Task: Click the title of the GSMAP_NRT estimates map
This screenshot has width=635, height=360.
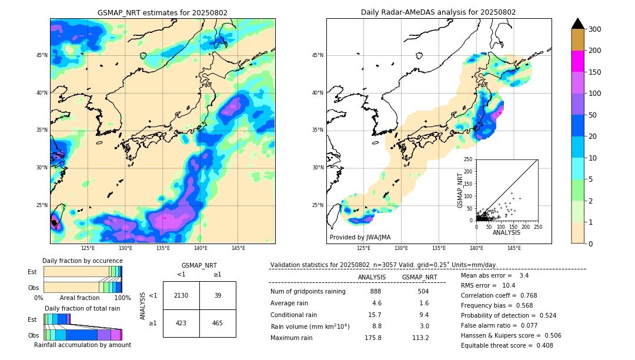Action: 162,12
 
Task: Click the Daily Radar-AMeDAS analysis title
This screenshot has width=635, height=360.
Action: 439,12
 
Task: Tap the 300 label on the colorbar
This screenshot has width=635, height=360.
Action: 595,29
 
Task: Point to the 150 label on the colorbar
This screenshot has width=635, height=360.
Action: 595,72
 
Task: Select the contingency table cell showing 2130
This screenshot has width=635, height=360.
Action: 181,295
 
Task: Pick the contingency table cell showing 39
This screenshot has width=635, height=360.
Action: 218,295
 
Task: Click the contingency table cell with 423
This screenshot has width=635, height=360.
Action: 181,323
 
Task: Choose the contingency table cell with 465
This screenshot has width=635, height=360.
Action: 218,323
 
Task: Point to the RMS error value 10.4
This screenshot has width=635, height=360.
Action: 509,285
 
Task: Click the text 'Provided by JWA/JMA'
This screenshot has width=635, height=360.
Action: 360,237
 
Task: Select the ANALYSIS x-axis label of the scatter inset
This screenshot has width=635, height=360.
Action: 507,232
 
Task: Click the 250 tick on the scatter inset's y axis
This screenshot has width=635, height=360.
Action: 469,159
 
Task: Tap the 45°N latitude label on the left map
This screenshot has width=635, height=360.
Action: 41,55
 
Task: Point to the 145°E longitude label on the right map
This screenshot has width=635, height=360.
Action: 514,248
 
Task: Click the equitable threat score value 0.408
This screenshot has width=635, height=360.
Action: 540,345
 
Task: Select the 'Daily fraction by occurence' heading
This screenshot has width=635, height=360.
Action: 82,261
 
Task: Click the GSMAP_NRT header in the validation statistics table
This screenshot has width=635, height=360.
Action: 419,277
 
